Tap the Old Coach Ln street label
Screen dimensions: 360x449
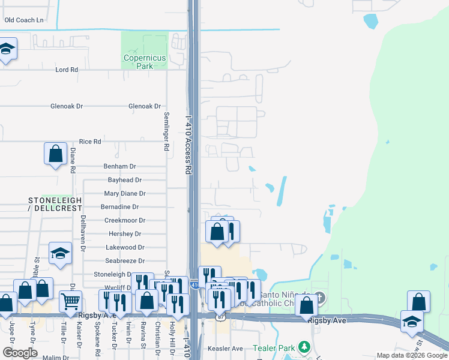point(24,20)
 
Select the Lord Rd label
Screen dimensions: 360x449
point(67,70)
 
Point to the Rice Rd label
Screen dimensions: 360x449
point(89,142)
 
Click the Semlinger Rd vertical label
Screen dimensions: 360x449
point(166,131)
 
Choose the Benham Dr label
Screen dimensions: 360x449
point(120,166)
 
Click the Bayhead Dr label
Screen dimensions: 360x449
point(124,180)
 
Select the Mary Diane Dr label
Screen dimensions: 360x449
point(125,194)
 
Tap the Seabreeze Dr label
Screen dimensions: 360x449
point(125,261)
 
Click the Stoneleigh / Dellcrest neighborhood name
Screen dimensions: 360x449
point(55,203)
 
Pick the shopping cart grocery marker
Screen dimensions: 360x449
point(71,300)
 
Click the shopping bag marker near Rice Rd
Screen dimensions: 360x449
point(55,154)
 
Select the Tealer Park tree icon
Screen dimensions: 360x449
point(305,347)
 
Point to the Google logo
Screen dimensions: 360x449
point(19,353)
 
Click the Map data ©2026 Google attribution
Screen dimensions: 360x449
point(412,356)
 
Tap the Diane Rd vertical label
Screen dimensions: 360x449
point(73,161)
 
